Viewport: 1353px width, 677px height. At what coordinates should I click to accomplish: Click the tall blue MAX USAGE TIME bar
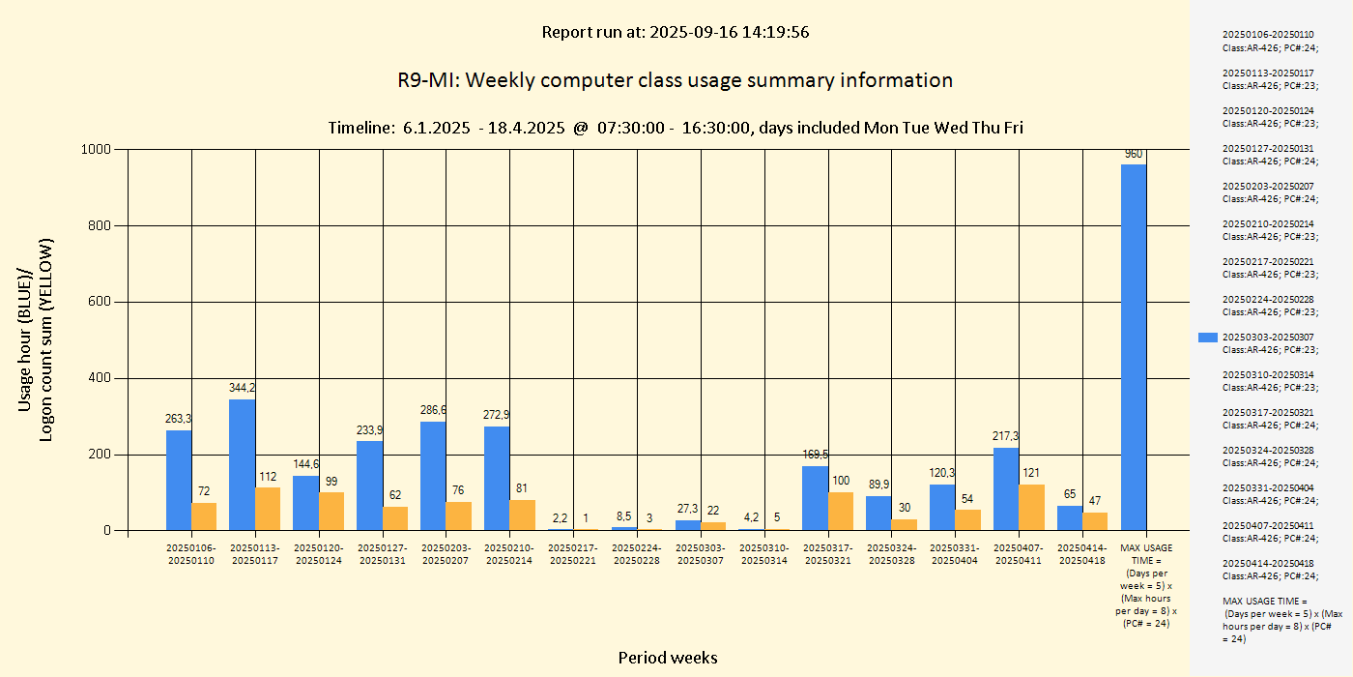[1134, 347]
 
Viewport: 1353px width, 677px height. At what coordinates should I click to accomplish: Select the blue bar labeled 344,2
[243, 464]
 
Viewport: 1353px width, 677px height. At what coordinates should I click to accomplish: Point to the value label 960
[1134, 154]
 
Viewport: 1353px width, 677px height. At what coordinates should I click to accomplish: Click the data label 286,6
[434, 410]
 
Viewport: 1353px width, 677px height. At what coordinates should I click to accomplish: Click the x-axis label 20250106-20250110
[191, 554]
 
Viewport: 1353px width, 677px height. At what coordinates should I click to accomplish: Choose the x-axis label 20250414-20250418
[1082, 554]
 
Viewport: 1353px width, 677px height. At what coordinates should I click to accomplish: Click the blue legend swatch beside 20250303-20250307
[1207, 337]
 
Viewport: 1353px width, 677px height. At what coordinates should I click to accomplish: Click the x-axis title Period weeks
[668, 658]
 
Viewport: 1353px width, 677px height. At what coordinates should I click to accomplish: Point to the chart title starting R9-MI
[675, 80]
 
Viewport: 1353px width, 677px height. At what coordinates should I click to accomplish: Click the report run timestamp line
[675, 32]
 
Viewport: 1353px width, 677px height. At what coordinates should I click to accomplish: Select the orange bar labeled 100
[841, 511]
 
